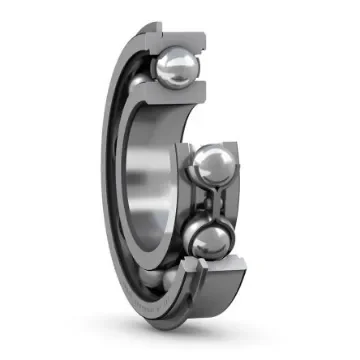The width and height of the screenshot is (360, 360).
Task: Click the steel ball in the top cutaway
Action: (175, 67)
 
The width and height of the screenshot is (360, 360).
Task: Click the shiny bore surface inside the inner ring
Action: (150, 180)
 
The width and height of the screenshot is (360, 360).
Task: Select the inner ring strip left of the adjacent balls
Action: (182, 200)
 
